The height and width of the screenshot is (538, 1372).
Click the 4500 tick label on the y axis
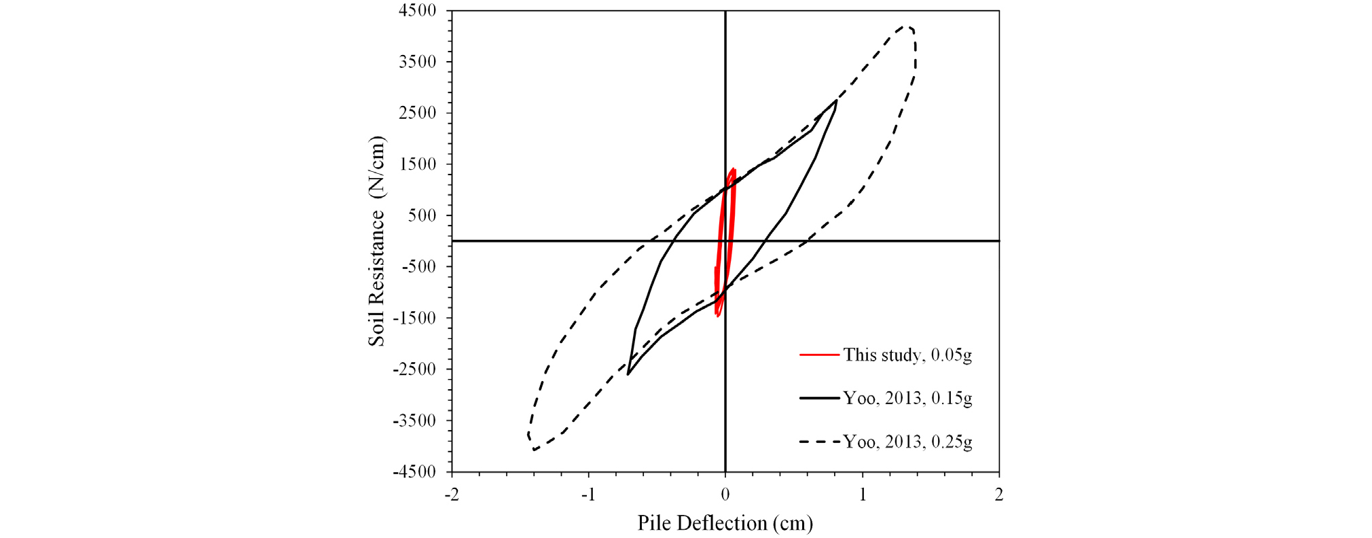(x=418, y=11)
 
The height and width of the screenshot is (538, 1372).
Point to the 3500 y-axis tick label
(x=418, y=62)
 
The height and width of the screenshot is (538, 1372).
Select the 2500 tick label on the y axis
(x=418, y=113)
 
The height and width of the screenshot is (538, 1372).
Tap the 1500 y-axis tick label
(x=418, y=164)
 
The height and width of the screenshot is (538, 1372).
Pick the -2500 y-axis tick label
(x=414, y=369)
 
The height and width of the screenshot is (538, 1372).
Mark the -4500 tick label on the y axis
(x=414, y=471)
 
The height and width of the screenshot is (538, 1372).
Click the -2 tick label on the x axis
(x=452, y=495)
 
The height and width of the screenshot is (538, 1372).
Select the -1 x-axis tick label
(x=588, y=495)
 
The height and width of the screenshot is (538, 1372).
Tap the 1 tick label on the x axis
(x=863, y=495)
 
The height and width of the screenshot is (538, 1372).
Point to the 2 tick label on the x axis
(x=999, y=495)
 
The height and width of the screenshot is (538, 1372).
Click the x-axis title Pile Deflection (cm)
(x=725, y=523)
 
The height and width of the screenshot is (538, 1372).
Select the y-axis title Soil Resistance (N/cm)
(x=376, y=241)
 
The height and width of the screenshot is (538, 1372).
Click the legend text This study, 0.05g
(x=907, y=355)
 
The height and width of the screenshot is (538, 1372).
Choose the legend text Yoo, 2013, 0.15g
(x=907, y=398)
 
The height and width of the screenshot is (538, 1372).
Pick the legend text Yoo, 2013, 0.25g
(x=907, y=442)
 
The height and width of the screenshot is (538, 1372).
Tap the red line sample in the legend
(x=819, y=355)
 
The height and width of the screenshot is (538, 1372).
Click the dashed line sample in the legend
(x=819, y=442)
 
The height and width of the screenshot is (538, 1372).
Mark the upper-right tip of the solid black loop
(x=835, y=101)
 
